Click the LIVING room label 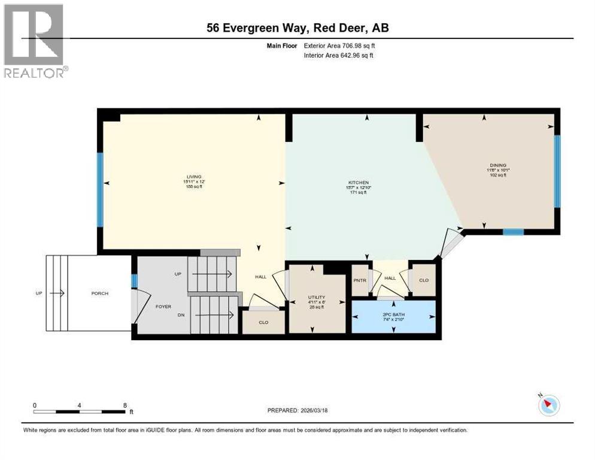[193, 175]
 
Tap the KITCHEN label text [359, 183]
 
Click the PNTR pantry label [360, 280]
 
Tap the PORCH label [99, 293]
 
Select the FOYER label [163, 306]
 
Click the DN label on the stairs [178, 314]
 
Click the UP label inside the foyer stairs [178, 274]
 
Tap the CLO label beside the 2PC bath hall [424, 280]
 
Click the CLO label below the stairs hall [263, 322]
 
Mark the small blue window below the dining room [513, 232]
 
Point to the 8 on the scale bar [125, 405]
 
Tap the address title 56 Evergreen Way [297, 28]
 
